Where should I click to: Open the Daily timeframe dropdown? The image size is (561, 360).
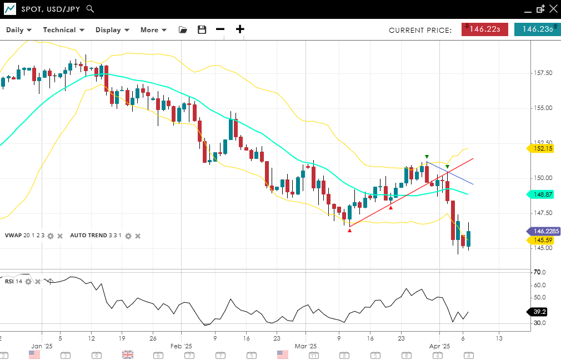[x=19, y=30]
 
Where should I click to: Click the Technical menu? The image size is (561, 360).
[x=63, y=30]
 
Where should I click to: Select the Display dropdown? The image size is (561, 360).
[x=112, y=30]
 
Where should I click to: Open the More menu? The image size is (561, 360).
[x=153, y=30]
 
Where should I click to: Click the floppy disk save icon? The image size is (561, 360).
[x=202, y=30]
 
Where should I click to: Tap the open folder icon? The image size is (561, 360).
[x=183, y=30]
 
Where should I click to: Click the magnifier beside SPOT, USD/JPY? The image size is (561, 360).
[x=91, y=9]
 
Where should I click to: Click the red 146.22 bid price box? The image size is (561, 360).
[x=484, y=29]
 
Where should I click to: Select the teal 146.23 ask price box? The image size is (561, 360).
[x=537, y=29]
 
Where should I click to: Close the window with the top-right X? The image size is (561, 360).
[x=553, y=9]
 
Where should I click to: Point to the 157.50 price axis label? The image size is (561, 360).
[x=542, y=73]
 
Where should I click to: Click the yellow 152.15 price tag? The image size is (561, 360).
[x=542, y=148]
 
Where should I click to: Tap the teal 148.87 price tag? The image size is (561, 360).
[x=542, y=194]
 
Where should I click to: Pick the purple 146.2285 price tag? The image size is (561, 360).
[x=543, y=231]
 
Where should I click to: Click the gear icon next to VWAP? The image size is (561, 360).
[x=51, y=236]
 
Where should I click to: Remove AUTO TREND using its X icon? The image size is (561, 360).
[x=138, y=236]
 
